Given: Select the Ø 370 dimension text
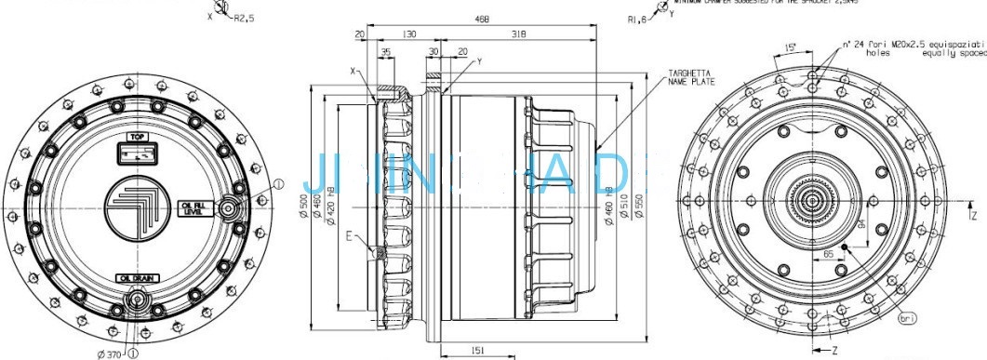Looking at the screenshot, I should (x=108, y=353).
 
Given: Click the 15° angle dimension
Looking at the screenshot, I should (x=791, y=47).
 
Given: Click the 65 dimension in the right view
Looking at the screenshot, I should (x=826, y=253).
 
